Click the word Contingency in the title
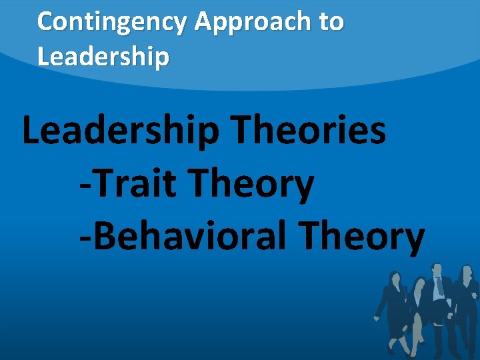[113, 23]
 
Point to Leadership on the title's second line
[103, 57]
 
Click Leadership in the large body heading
[120, 130]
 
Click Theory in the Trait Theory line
[253, 185]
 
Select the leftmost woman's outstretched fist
[378, 313]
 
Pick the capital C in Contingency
[45, 23]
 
